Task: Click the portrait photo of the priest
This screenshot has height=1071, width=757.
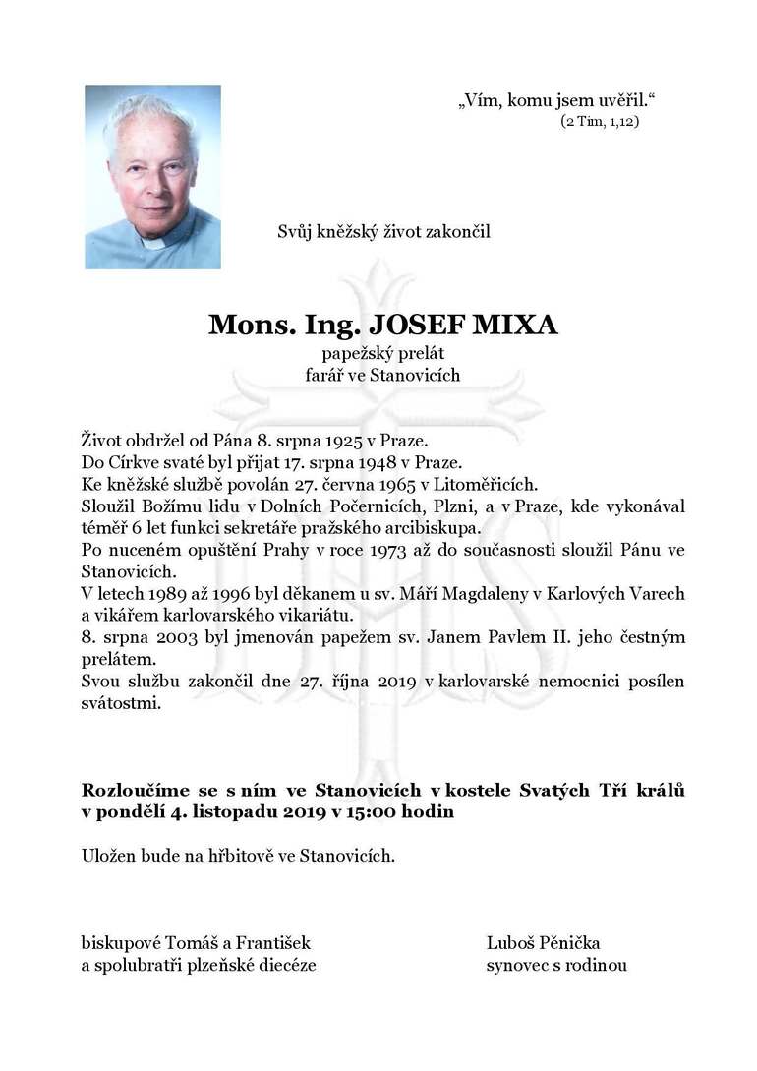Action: coord(152,177)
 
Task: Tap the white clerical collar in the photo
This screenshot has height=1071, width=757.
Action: coord(156,241)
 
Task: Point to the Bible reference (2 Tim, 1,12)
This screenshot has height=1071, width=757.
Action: coord(600,122)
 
